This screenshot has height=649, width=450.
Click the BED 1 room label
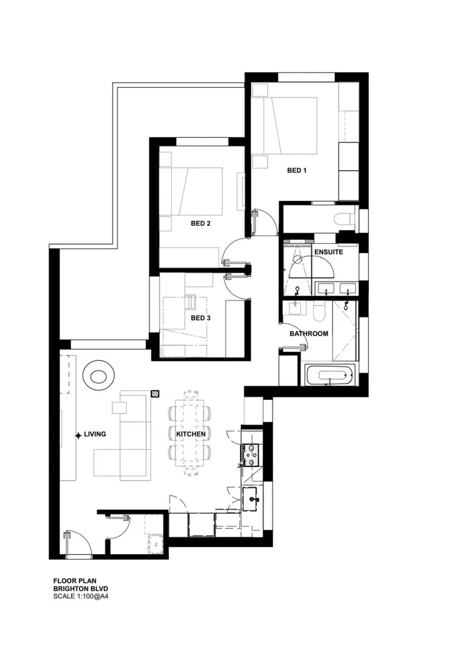(297, 170)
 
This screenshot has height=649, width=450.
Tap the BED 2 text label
(200, 223)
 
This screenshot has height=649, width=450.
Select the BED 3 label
(200, 318)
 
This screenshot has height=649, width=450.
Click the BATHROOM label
(308, 334)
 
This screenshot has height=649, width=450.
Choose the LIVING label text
(95, 434)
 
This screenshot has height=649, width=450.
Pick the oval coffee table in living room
(99, 376)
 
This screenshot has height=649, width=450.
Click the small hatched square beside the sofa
(156, 393)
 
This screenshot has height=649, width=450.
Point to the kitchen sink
(251, 500)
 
